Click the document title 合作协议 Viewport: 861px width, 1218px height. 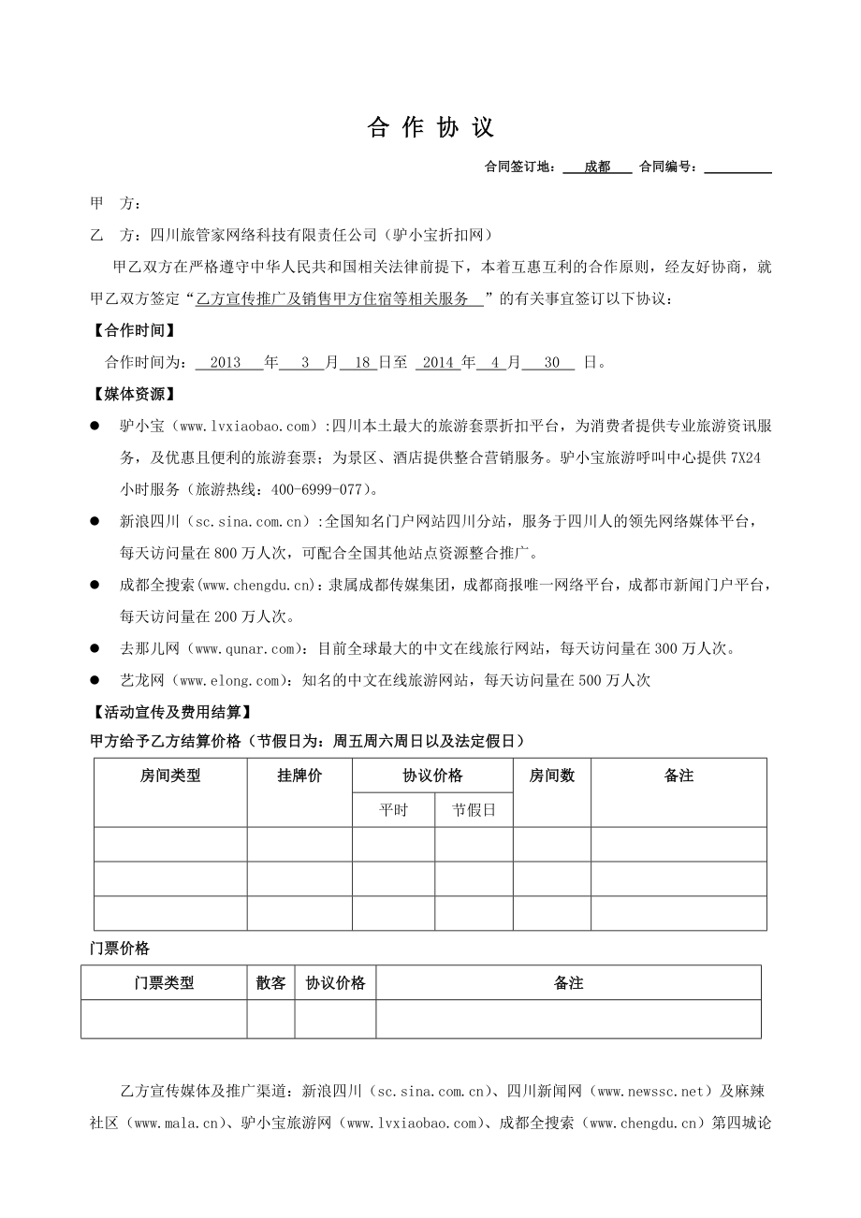(x=430, y=128)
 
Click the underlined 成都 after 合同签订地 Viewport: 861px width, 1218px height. (x=597, y=167)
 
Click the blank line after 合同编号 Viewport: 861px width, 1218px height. (x=737, y=167)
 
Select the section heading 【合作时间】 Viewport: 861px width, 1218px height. (x=132, y=330)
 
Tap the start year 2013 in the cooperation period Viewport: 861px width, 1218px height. (x=226, y=363)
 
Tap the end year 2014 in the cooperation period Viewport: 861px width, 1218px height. (x=438, y=363)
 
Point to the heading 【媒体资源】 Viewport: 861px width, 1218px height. (x=132, y=395)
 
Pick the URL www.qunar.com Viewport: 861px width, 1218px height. (x=247, y=648)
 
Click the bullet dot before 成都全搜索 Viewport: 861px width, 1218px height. (x=95, y=585)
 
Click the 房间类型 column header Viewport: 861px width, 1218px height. (x=170, y=776)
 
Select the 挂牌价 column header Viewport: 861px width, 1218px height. (x=299, y=776)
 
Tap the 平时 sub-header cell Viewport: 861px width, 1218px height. (x=393, y=810)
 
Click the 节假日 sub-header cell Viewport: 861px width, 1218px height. (x=474, y=810)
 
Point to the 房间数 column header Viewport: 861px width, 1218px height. (x=552, y=776)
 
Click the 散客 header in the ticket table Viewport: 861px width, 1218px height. (x=270, y=983)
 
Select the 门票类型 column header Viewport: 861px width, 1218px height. (x=164, y=983)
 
